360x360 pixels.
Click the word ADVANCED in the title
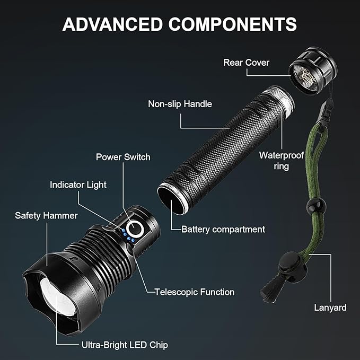[112, 24]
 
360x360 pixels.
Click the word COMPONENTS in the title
[233, 24]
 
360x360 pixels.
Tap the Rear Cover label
[246, 63]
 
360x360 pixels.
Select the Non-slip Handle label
[180, 104]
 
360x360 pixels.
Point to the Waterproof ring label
[282, 161]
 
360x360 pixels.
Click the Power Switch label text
[123, 157]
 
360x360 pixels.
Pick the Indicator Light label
[78, 185]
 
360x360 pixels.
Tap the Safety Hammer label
[46, 215]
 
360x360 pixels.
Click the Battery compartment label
[223, 230]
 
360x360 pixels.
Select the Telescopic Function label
[195, 292]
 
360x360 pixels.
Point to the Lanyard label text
[330, 308]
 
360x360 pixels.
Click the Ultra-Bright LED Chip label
[125, 345]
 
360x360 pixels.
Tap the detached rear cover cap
[313, 71]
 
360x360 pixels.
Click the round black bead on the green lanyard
[316, 205]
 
